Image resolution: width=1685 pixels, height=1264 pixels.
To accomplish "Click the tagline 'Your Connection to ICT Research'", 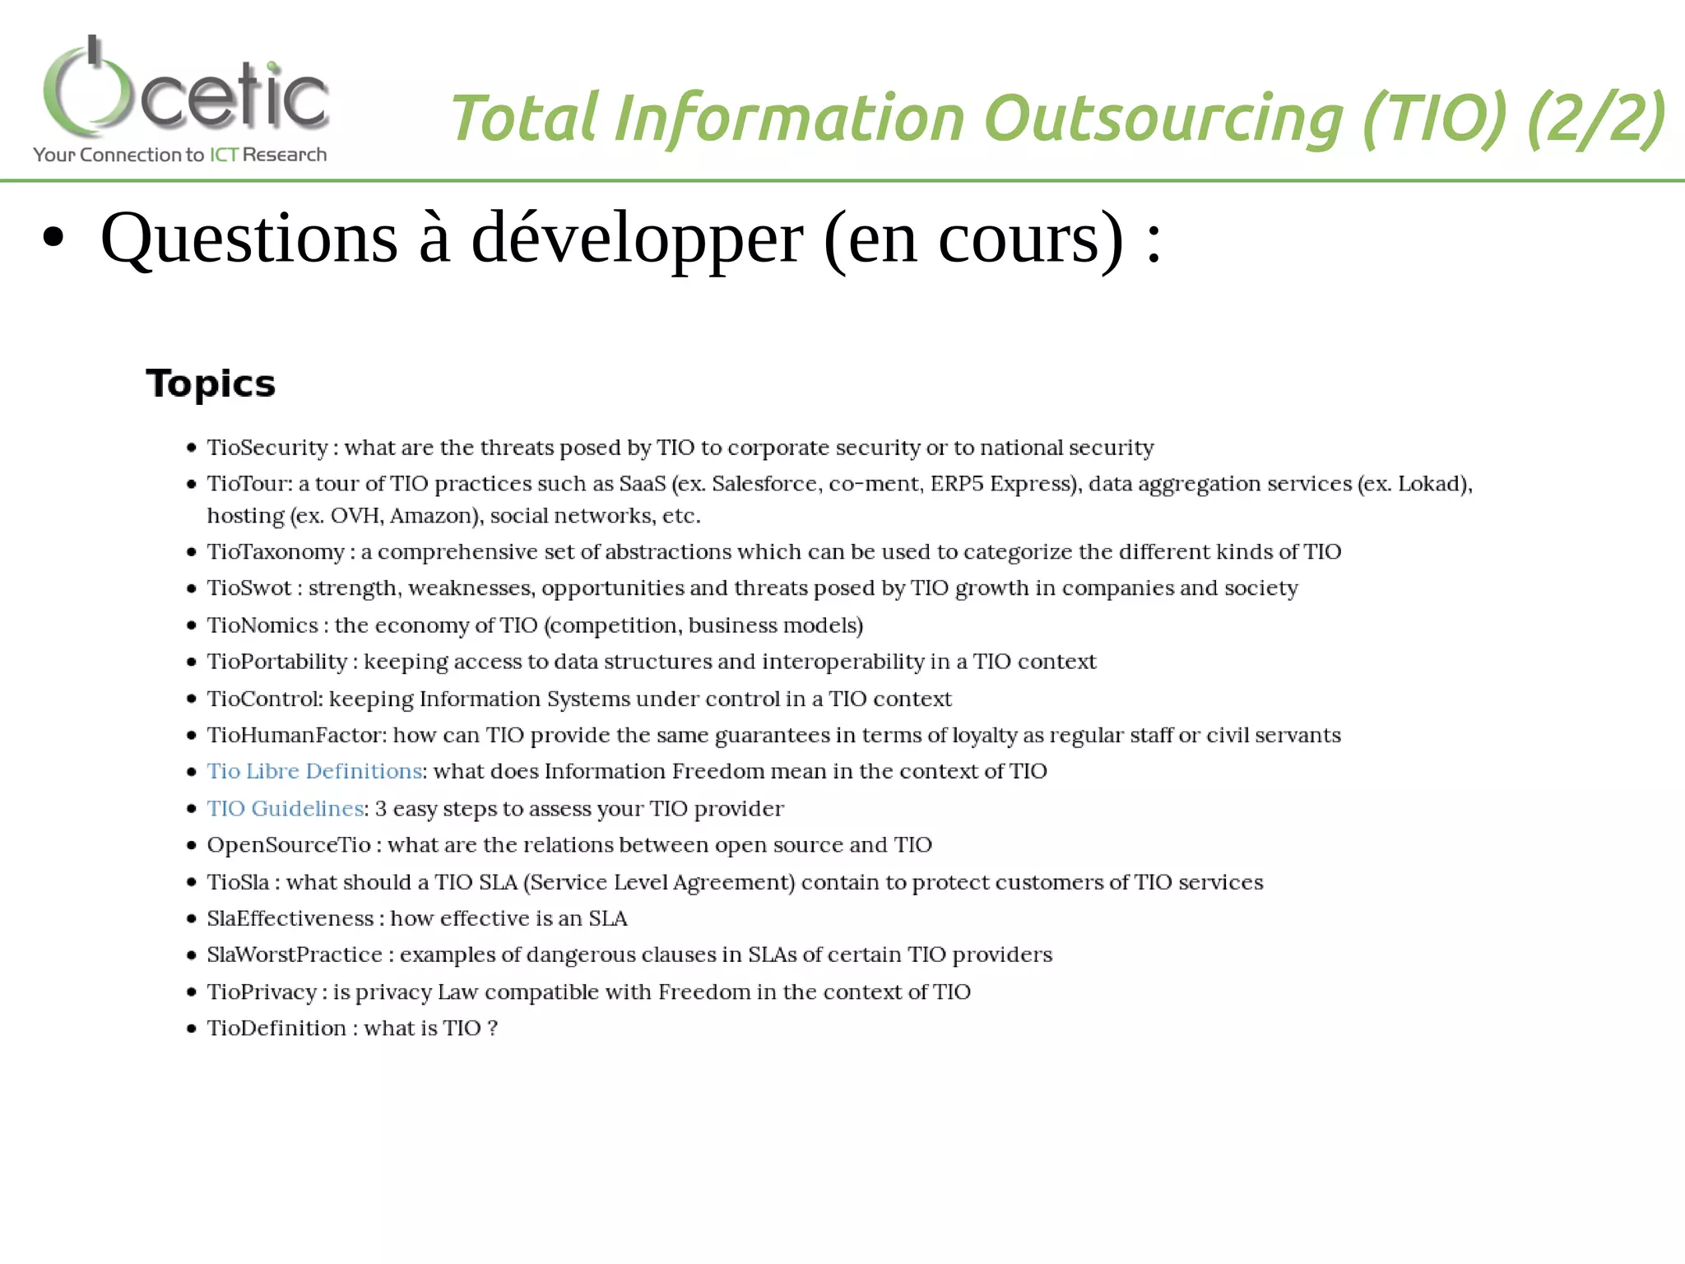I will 179,155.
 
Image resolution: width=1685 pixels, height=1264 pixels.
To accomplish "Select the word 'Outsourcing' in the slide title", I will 1164,118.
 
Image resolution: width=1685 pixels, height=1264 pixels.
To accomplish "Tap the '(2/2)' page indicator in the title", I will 1595,118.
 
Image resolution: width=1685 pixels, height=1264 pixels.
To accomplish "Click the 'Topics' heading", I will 211,383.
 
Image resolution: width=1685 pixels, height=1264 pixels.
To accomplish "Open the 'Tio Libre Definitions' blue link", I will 314,771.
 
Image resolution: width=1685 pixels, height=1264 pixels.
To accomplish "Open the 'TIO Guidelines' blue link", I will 285,808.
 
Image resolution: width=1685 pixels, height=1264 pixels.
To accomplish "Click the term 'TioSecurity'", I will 267,448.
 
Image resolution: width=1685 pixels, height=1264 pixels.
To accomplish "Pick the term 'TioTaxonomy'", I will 276,552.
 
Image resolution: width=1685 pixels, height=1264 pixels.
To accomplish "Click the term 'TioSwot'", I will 248,588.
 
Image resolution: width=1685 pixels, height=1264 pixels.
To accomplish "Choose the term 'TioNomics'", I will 262,625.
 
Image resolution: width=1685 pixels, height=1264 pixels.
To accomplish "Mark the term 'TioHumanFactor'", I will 296,735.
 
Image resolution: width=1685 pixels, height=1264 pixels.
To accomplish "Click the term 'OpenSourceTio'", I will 289,845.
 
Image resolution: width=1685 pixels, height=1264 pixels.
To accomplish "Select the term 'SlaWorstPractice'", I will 295,955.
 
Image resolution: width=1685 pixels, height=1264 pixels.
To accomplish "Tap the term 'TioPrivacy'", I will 262,992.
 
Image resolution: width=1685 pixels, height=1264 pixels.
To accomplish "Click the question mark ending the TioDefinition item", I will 492,1029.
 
